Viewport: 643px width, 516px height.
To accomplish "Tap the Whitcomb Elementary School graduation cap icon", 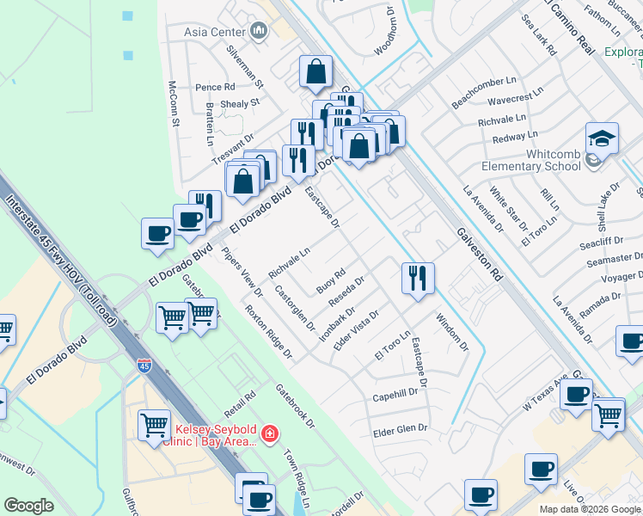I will (602, 138).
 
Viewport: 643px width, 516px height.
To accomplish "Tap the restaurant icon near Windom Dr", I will (417, 278).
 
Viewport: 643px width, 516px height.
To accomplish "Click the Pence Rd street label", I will (215, 87).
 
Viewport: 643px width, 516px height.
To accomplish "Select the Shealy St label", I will (240, 104).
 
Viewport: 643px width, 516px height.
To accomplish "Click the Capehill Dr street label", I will (395, 396).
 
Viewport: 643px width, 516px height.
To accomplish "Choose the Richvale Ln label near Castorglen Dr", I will (288, 263).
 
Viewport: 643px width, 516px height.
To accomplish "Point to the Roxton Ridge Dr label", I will (268, 331).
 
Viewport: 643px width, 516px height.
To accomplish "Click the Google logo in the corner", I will (29, 506).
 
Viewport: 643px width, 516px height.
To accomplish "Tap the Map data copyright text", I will (590, 509).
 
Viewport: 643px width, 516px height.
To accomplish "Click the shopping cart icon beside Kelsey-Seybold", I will (154, 423).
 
